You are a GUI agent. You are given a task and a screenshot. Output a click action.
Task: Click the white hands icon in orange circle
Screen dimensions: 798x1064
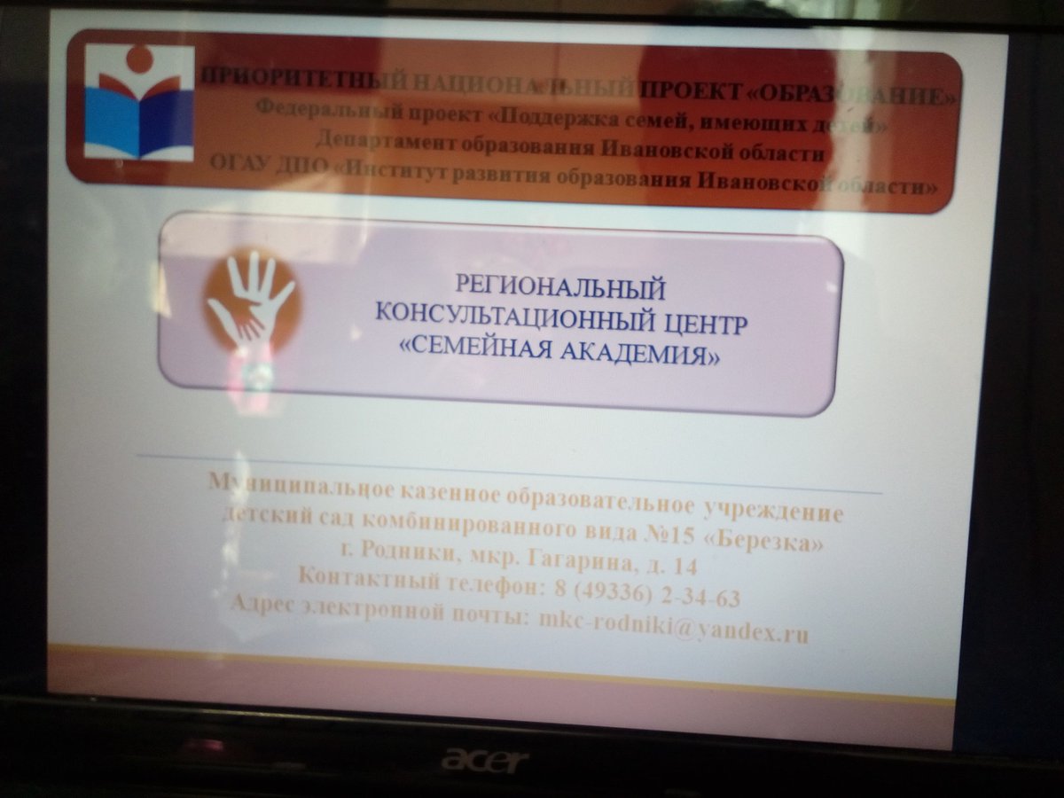(x=250, y=302)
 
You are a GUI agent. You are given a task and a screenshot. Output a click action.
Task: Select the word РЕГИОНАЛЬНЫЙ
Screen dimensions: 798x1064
(x=560, y=286)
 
